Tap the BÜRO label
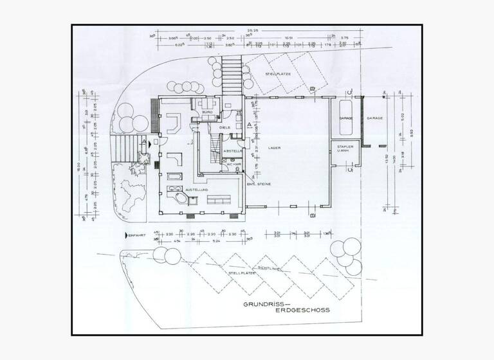(x=207, y=113)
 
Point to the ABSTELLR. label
(x=232, y=151)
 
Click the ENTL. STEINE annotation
(x=259, y=184)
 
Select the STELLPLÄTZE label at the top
(x=279, y=75)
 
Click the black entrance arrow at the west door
(x=150, y=145)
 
